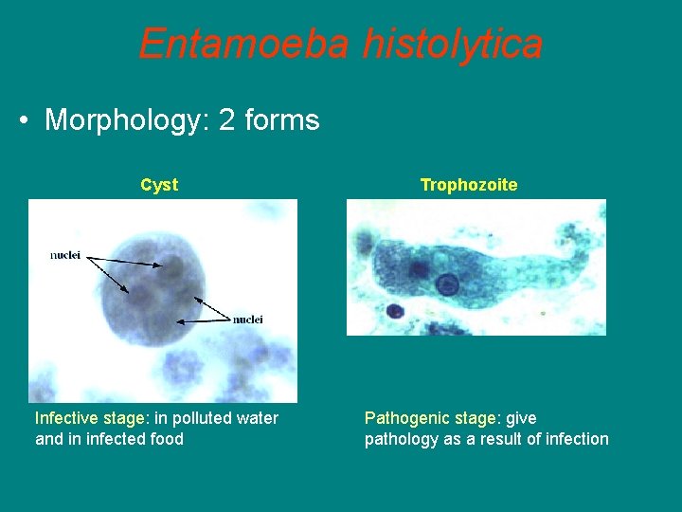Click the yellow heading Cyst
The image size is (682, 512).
point(159,185)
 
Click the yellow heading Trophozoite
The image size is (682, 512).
point(469,185)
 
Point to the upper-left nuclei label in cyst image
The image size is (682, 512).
point(65,255)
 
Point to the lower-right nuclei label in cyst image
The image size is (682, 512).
point(247,319)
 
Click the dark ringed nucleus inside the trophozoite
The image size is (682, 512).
point(447,283)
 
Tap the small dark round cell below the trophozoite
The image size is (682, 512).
point(395,310)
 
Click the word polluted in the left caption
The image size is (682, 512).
point(189,418)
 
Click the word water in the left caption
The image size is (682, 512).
point(256,418)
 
